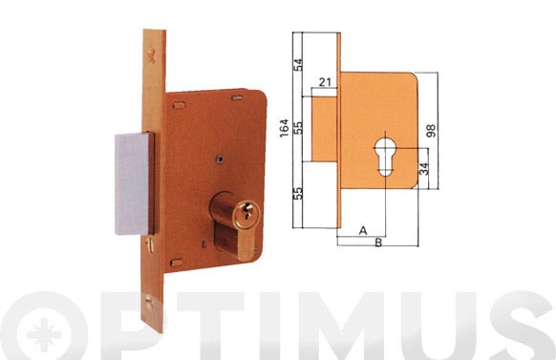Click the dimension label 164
click(284, 128)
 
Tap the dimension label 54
click(299, 65)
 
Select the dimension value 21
click(325, 82)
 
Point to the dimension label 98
click(431, 131)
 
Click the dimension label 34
click(424, 169)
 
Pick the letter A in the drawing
click(363, 231)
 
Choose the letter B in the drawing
click(378, 243)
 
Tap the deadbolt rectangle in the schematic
click(324, 129)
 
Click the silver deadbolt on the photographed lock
click(133, 183)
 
